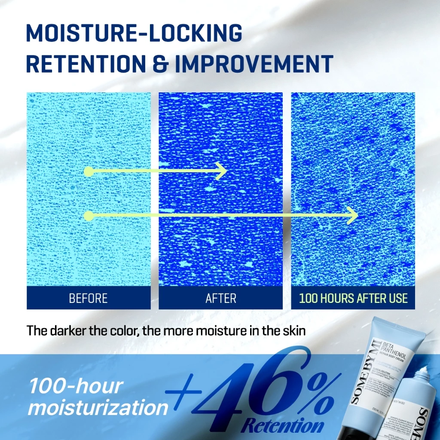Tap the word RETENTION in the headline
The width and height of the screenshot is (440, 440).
[86, 64]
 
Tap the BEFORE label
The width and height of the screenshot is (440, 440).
[88, 298]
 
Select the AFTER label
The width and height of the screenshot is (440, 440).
[221, 298]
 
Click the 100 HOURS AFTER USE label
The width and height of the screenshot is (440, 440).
[353, 298]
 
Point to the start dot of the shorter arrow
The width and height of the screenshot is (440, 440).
[89, 171]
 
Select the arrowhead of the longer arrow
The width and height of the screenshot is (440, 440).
[353, 215]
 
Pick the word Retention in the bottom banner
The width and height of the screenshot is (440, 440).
[282, 426]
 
